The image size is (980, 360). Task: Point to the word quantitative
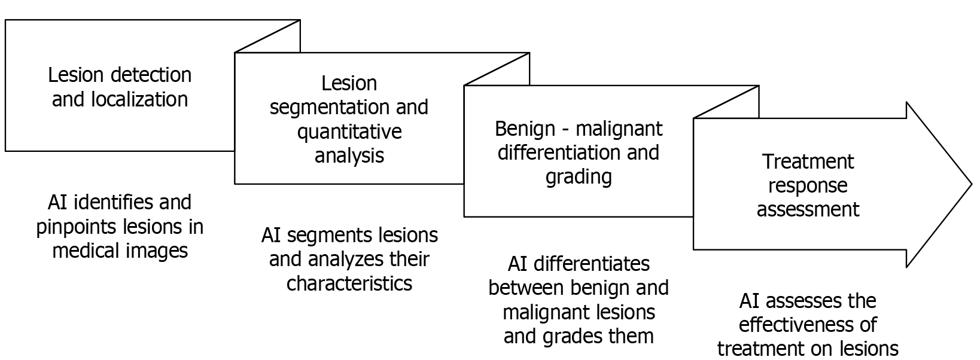349,132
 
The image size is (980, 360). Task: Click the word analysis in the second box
349,155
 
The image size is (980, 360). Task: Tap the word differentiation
559,152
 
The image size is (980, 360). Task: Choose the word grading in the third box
579,177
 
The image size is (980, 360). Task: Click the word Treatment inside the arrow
808,161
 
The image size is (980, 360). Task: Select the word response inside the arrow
808,185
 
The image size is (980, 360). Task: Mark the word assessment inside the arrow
808,209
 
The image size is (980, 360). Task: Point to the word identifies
115,202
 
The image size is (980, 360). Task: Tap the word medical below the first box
84,251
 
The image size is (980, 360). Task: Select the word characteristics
349,283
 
